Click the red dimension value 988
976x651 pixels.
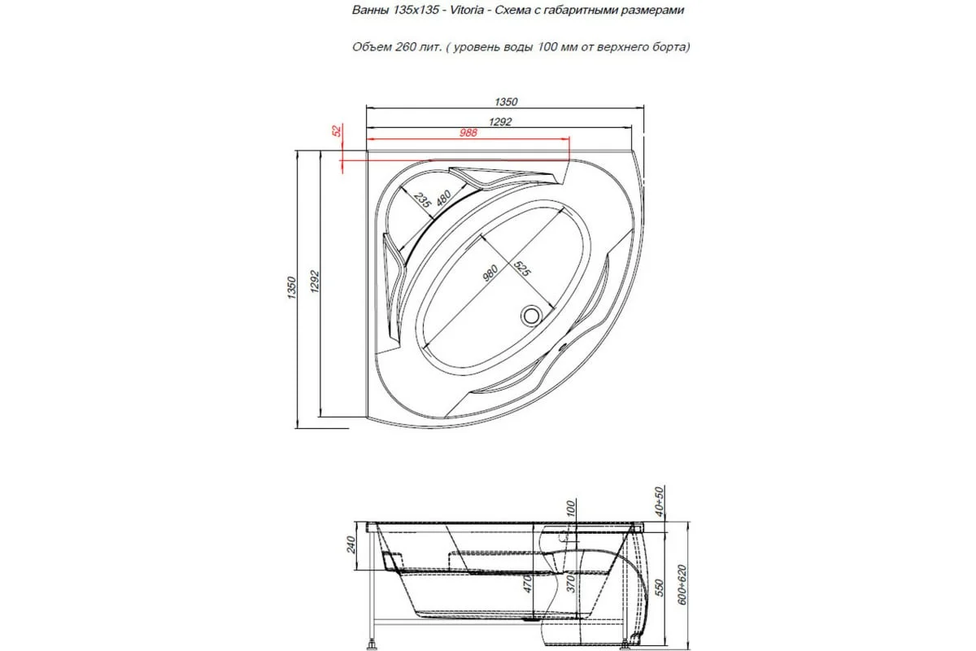click(468, 133)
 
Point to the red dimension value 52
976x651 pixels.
click(337, 130)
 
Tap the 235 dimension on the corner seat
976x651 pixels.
click(422, 199)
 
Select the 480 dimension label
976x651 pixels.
click(443, 199)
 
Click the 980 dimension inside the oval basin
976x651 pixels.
click(490, 273)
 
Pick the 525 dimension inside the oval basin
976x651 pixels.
click(521, 269)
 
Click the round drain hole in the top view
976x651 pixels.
click(531, 314)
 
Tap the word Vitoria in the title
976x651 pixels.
click(467, 10)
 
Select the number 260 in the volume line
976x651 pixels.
click(405, 46)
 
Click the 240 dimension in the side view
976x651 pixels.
click(351, 544)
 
